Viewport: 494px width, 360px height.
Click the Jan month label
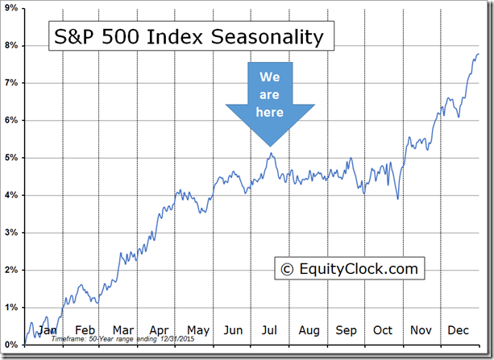point(48,330)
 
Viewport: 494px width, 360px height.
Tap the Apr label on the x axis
point(158,330)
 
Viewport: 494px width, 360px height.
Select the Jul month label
point(270,330)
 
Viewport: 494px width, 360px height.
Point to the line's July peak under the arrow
point(272,154)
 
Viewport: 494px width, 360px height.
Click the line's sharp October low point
point(397,198)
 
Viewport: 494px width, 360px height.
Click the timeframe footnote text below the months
point(121,340)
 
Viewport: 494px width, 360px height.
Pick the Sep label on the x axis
point(346,330)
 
